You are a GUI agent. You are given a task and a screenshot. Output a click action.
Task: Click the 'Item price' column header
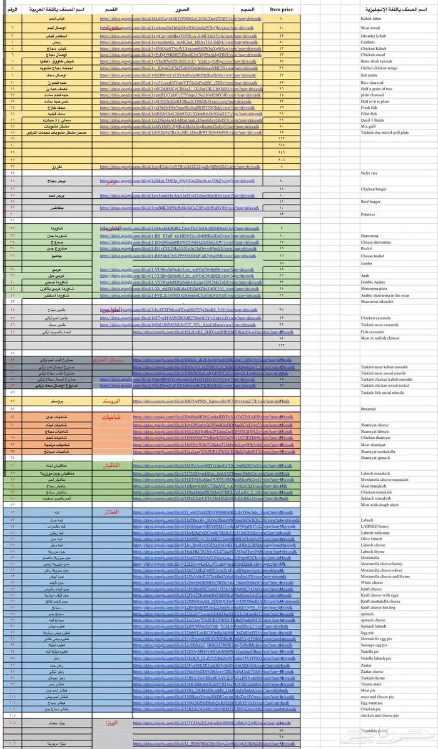pyautogui.click(x=282, y=10)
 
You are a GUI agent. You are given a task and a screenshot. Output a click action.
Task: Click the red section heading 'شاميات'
pyautogui.click(x=113, y=416)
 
